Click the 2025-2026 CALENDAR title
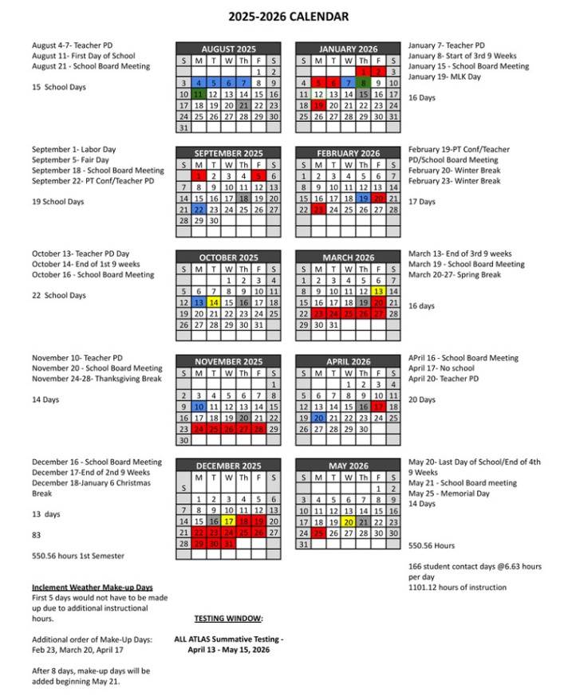[x=288, y=16]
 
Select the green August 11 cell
[x=199, y=93]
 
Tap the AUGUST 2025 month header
[x=229, y=49]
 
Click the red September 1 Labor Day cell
[x=199, y=175]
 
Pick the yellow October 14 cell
[x=214, y=303]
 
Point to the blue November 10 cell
[x=199, y=407]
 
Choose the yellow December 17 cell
[x=229, y=521]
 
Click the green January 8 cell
[x=363, y=82]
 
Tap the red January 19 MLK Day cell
[x=318, y=105]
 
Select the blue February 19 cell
[x=363, y=199]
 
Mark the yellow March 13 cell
[x=378, y=292]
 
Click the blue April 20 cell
[x=318, y=418]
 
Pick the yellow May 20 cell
[x=349, y=521]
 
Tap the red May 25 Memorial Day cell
[x=318, y=533]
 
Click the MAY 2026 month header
[x=348, y=466]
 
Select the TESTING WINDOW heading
[x=228, y=618]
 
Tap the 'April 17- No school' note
[x=441, y=368]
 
